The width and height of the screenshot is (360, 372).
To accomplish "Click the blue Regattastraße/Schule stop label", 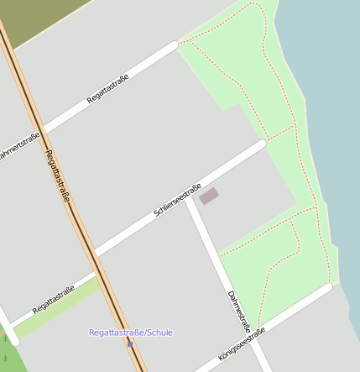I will (130, 333).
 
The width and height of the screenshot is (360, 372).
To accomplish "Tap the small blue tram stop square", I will (130, 343).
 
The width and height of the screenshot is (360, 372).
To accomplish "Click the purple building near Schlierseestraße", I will (208, 196).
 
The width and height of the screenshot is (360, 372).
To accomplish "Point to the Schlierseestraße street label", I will (177, 201).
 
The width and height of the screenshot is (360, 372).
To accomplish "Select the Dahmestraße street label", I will (239, 312).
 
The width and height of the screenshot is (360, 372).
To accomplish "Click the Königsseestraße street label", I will (242, 344).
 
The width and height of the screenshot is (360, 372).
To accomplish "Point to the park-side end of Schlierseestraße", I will (262, 144).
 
